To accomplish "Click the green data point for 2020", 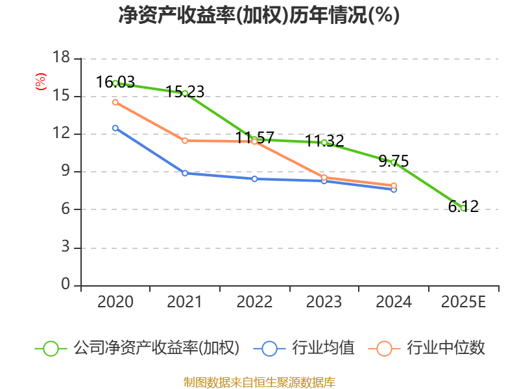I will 115,83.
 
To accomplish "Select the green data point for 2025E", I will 463,208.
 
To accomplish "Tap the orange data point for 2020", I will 115,102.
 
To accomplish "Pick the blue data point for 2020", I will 115,128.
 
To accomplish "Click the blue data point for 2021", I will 185,173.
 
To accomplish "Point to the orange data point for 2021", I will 185,141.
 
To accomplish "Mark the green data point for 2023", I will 324,142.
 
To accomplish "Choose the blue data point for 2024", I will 394,189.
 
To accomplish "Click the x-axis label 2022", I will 254,302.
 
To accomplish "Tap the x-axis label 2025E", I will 463,302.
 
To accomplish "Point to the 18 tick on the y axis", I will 61,58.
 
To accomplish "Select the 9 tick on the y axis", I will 65,172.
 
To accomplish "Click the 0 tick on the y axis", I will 65,285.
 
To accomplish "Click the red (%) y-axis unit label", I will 41,82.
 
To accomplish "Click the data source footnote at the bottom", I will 259,382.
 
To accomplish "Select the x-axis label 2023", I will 324,302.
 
